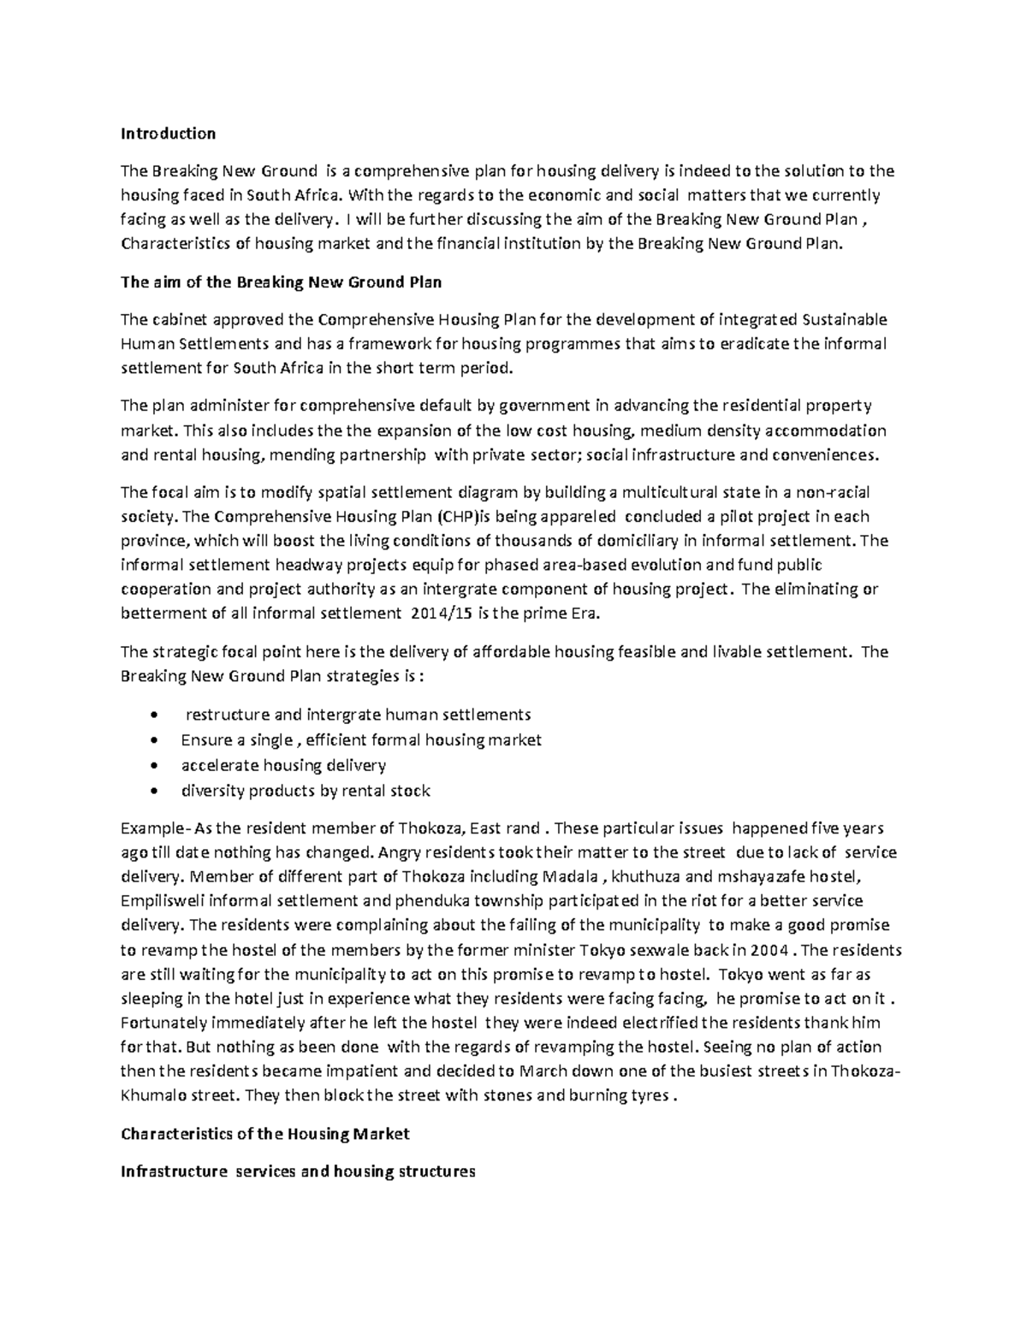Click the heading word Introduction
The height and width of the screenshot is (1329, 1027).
pos(168,133)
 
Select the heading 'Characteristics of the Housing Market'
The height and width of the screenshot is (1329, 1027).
pos(265,1134)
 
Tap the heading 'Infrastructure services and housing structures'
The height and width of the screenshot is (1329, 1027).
pos(298,1172)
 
